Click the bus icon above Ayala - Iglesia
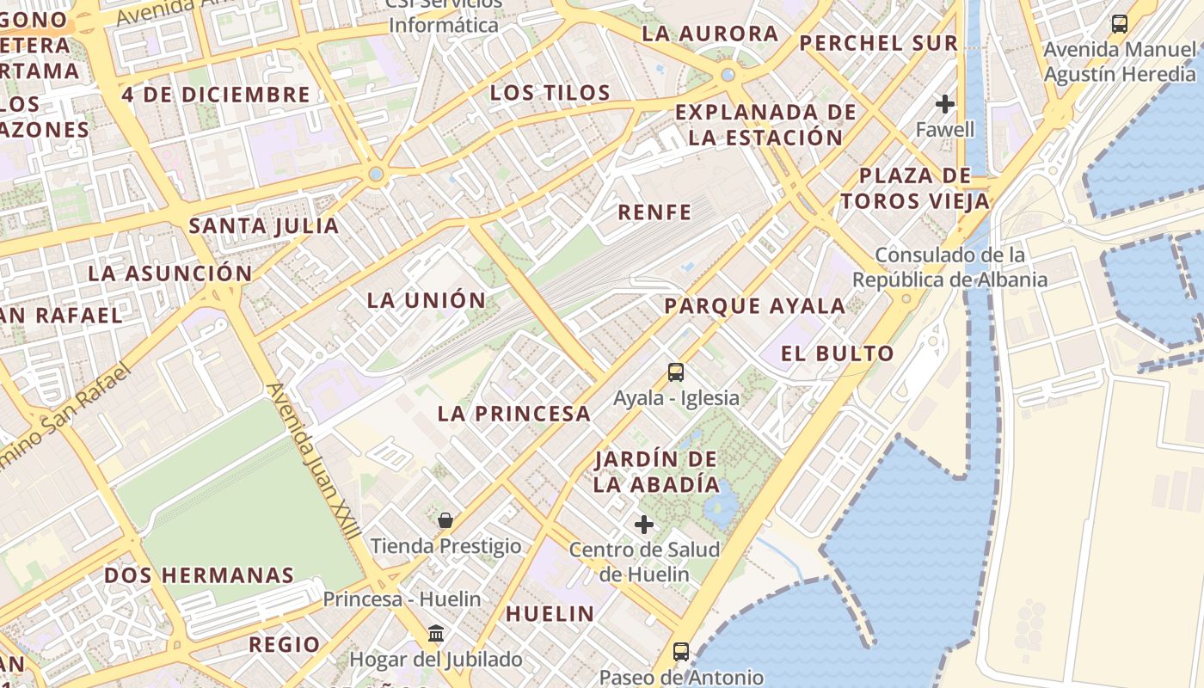click(x=676, y=372)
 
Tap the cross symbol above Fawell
click(x=945, y=105)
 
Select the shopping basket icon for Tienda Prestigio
click(x=445, y=520)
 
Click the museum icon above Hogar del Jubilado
click(x=436, y=634)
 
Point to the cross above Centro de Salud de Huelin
click(x=643, y=524)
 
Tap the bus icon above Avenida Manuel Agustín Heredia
click(x=1119, y=24)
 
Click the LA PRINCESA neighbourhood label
click(x=514, y=414)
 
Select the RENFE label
click(x=654, y=212)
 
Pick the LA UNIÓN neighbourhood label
click(x=427, y=301)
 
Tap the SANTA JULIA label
click(x=264, y=226)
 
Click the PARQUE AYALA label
click(x=755, y=306)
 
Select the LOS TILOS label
click(x=550, y=93)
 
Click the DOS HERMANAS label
click(x=200, y=575)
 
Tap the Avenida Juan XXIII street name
click(x=314, y=461)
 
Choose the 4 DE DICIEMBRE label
click(x=215, y=95)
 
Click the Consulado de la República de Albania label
click(x=949, y=267)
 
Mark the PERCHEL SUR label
click(x=878, y=43)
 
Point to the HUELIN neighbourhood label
click(x=550, y=614)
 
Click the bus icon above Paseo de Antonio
click(x=681, y=651)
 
